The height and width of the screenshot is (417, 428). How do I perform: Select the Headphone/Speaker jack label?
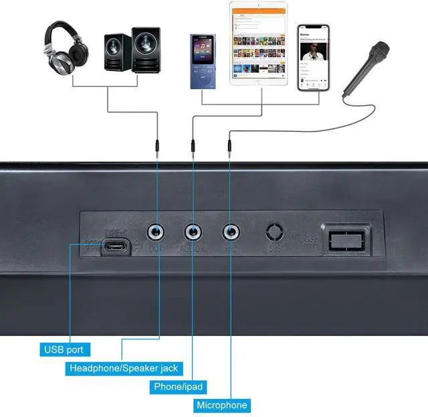pos(124,368)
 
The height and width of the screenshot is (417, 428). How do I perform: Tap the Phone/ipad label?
pos(178,387)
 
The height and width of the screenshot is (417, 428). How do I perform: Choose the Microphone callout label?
pos(222,405)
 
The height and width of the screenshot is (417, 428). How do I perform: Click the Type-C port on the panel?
pos(116,247)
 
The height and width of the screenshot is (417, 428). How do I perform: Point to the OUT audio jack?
pos(157,232)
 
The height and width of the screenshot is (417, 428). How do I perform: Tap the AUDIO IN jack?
pos(194,232)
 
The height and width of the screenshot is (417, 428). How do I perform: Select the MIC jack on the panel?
pos(231,232)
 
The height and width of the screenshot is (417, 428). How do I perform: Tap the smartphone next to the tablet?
pos(314,58)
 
